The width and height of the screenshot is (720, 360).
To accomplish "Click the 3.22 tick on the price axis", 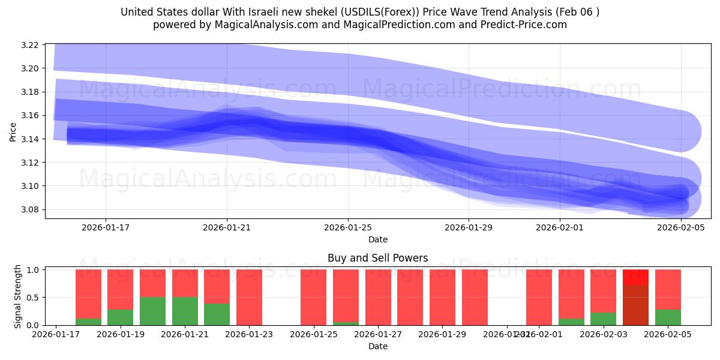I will coord(31,45).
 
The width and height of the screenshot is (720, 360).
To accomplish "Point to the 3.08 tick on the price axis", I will coord(31,209).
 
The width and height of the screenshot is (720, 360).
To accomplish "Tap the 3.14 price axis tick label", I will coord(31,139).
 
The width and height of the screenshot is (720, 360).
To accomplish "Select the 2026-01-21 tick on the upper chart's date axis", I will coord(227,227).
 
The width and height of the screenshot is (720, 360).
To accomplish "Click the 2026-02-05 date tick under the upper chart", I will coord(680,227).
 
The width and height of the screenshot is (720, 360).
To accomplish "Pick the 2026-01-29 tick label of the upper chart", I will coord(468,227).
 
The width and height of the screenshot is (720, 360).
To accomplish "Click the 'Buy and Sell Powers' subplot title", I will coord(377,259).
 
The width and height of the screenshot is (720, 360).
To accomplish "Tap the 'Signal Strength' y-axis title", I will coord(18,296).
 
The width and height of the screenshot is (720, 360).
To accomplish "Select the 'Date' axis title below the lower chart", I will coord(377,346).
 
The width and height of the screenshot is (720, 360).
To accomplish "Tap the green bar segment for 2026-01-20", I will coord(152,311).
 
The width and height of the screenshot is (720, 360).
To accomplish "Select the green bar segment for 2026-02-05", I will coord(668,317).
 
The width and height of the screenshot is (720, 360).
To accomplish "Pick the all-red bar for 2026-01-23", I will coord(249,297).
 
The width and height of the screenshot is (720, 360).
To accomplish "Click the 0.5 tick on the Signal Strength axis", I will coord(35,298).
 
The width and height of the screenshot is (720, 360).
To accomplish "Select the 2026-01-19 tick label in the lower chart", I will coord(120,334).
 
